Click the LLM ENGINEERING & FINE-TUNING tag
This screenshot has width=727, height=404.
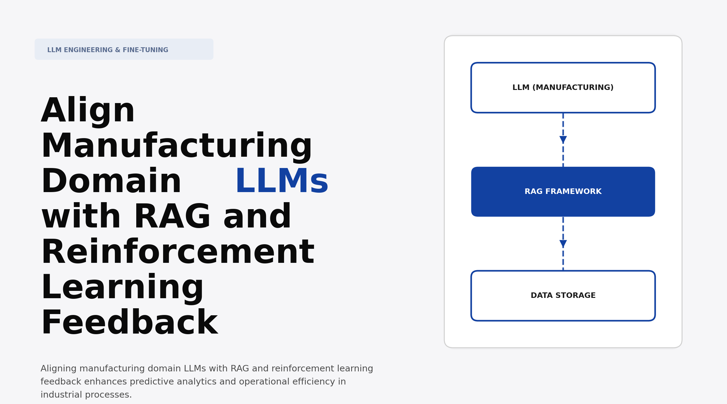[124, 49]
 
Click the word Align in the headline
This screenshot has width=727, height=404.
[88, 111]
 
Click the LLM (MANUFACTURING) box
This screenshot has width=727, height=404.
[563, 88]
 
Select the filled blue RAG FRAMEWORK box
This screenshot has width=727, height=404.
[563, 192]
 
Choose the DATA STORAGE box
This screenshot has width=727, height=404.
[563, 296]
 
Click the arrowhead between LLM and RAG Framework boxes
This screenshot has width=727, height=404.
[563, 140]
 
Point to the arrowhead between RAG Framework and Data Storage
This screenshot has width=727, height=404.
[563, 244]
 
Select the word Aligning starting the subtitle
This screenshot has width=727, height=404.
[59, 369]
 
